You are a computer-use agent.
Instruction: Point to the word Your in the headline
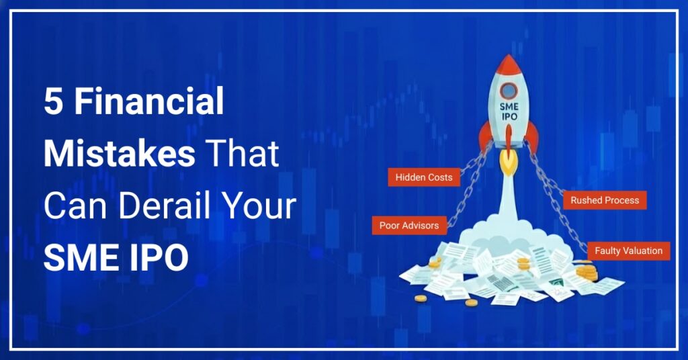coord(262,206)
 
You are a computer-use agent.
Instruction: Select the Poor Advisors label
coord(409,225)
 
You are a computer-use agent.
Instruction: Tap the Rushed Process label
coord(605,200)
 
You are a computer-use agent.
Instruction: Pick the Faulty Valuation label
coord(628,251)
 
